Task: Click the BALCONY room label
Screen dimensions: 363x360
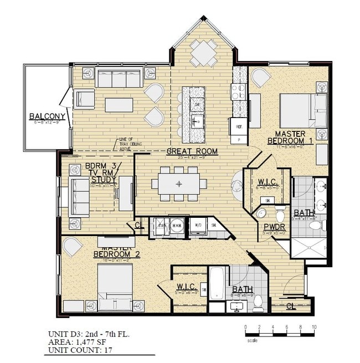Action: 48,116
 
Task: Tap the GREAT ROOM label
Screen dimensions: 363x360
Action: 192,151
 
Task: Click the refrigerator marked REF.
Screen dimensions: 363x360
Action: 239,127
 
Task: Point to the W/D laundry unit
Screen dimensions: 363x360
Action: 198,226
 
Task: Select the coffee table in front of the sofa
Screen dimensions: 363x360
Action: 121,105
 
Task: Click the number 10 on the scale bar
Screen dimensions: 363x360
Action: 313,328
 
